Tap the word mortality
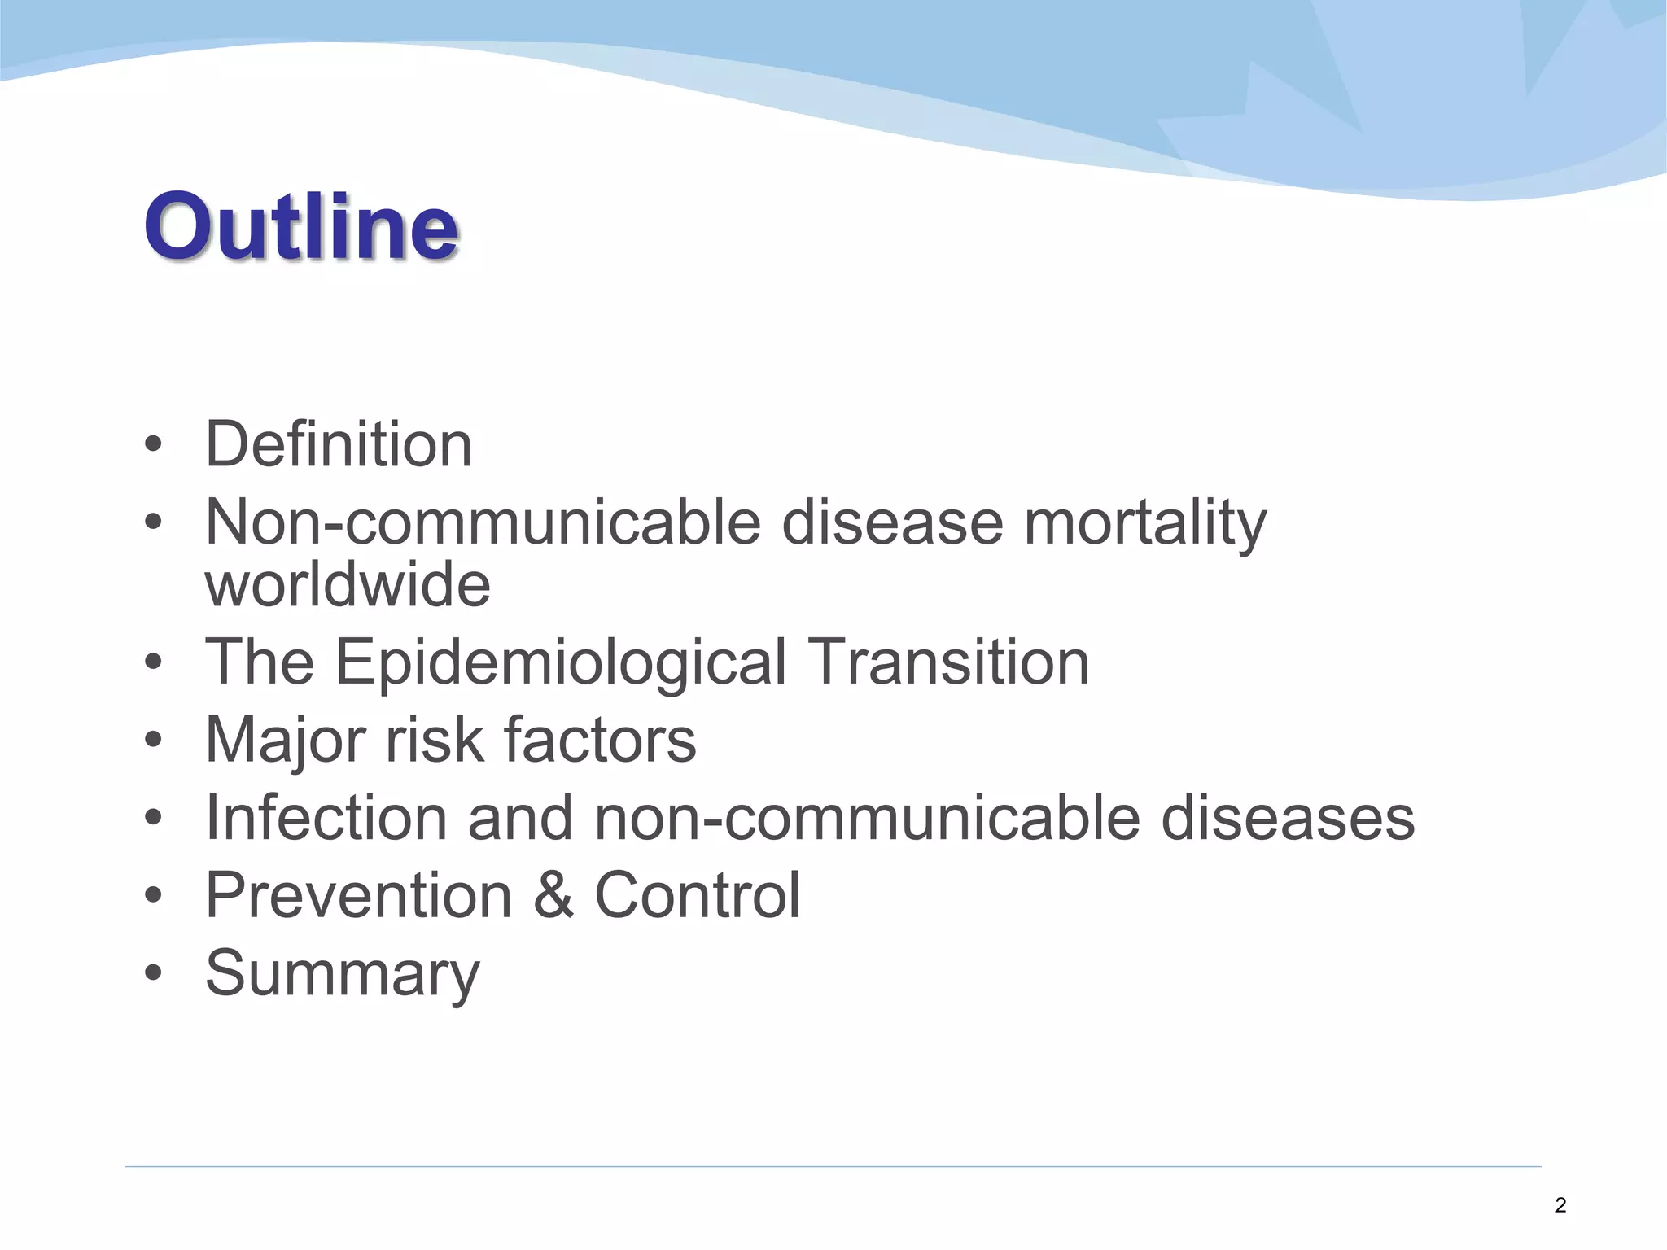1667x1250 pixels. point(1144,522)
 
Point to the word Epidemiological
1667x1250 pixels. point(561,662)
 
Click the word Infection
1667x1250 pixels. point(326,817)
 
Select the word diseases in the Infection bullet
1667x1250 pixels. point(1288,817)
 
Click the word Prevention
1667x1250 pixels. point(358,895)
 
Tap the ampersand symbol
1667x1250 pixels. point(553,895)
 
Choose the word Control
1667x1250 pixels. point(698,895)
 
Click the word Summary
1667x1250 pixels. point(343,973)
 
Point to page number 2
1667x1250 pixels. point(1560,1205)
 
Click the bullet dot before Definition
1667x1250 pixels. point(153,445)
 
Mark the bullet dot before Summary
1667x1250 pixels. point(153,973)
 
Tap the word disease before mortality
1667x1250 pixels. point(892,522)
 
